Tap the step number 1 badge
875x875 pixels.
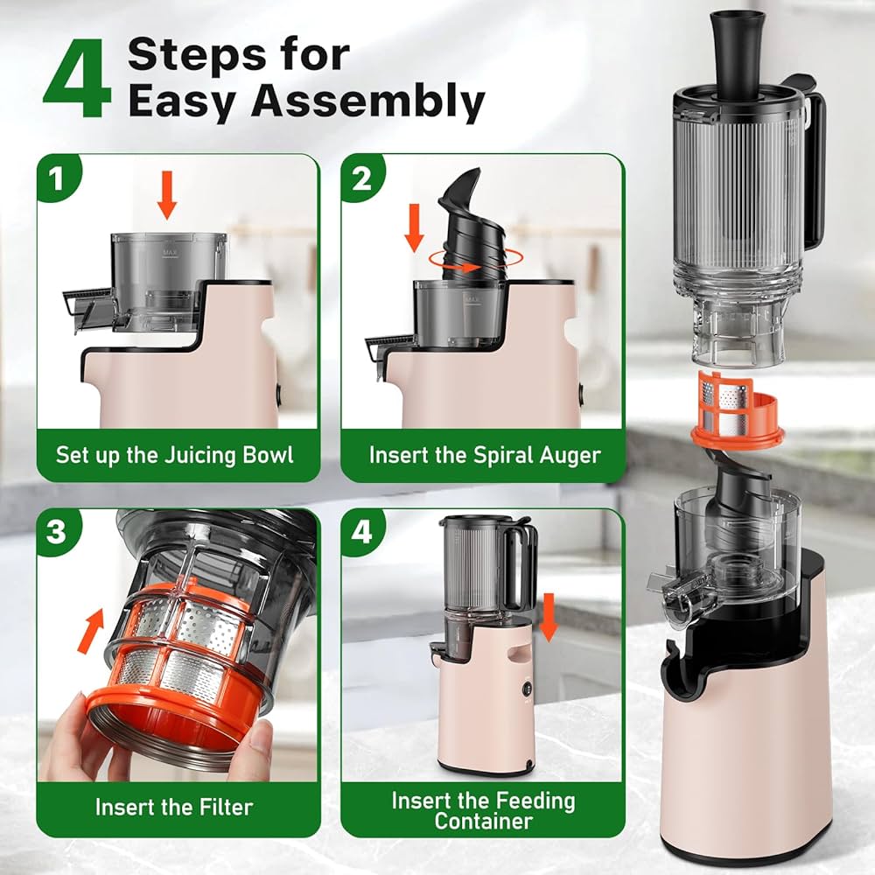pos(57,179)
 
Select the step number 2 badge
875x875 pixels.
pos(361,179)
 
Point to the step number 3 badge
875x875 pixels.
pos(57,531)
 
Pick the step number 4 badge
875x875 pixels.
pos(361,531)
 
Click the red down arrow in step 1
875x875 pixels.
pos(167,195)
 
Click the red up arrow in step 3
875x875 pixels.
pos(92,631)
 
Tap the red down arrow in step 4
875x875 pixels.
pos(549,617)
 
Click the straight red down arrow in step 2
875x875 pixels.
pos(414,227)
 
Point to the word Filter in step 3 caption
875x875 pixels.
pos(225,807)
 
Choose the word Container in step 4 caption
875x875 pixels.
pos(483,821)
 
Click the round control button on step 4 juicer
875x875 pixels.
pos(527,689)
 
